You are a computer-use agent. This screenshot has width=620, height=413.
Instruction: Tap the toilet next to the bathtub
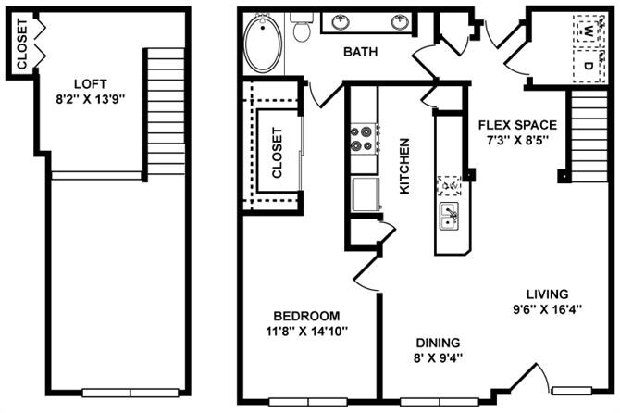click(302, 29)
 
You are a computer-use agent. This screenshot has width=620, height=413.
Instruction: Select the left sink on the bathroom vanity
click(341, 21)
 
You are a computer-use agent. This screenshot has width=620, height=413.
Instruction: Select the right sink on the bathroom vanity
click(400, 21)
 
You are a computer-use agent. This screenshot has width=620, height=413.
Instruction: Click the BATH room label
click(360, 53)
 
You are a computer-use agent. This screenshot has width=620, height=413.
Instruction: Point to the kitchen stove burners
click(362, 139)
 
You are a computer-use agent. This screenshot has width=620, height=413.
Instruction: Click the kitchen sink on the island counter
click(449, 218)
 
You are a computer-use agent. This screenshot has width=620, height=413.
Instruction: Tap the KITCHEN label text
click(404, 166)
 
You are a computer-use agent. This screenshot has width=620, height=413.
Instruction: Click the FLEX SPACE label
click(516, 125)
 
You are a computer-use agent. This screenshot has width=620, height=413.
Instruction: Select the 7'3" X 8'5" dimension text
click(517, 141)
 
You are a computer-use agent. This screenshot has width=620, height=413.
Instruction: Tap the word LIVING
click(540, 294)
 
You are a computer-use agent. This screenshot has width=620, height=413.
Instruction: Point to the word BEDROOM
click(306, 315)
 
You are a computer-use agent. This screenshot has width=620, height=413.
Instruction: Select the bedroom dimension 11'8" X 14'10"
click(306, 331)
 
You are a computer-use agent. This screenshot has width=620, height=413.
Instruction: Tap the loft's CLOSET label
click(21, 44)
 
